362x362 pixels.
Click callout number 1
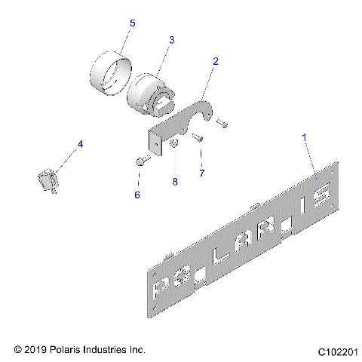click(x=305, y=138)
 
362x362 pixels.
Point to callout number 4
click(x=81, y=143)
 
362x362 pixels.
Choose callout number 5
click(x=132, y=24)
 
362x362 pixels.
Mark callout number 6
click(x=138, y=195)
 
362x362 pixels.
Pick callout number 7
click(x=201, y=173)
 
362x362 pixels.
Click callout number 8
click(x=174, y=182)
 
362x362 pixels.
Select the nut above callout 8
click(x=173, y=143)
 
